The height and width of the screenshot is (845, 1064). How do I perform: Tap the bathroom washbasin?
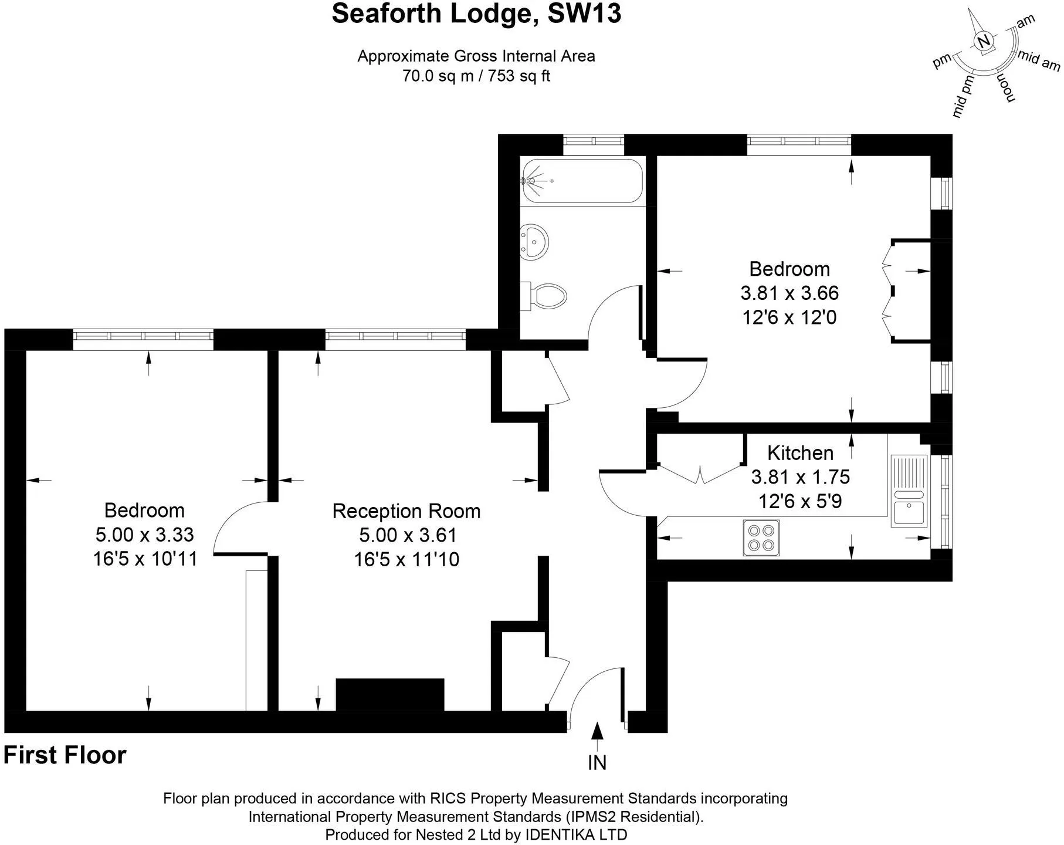(534, 241)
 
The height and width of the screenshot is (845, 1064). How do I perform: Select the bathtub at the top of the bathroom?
(582, 181)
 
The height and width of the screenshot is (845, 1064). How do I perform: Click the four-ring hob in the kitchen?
(761, 538)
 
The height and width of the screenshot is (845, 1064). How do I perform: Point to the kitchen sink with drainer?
(909, 491)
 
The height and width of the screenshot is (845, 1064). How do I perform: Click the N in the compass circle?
(985, 40)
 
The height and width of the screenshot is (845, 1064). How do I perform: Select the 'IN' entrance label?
(597, 763)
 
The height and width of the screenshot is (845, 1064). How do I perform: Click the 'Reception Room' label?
(406, 511)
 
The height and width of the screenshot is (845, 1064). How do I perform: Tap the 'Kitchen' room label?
(800, 453)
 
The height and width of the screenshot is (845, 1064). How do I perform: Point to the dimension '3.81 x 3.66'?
(789, 293)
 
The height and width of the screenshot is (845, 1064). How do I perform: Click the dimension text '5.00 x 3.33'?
(144, 535)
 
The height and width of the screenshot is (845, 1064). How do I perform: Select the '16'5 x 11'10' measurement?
(406, 559)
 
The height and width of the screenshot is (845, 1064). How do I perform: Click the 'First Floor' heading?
(65, 755)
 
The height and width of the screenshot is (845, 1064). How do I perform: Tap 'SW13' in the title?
(584, 13)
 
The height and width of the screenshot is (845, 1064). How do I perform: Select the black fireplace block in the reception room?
(390, 695)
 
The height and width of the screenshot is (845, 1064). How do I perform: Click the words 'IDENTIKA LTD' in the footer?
(576, 834)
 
